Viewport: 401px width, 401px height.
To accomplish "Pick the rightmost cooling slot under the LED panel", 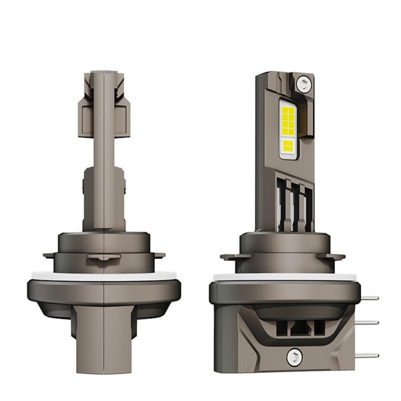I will [x=304, y=200].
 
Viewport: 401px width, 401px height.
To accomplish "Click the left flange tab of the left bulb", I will [x=49, y=255].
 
